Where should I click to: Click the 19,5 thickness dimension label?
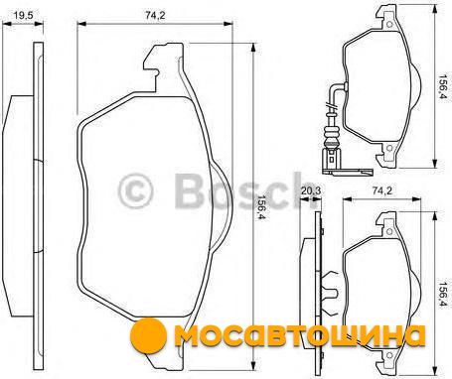23,15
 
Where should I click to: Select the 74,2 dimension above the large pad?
155,15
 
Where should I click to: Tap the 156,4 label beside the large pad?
259,207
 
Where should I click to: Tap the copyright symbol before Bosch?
135,191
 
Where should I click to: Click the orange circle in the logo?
148,335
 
